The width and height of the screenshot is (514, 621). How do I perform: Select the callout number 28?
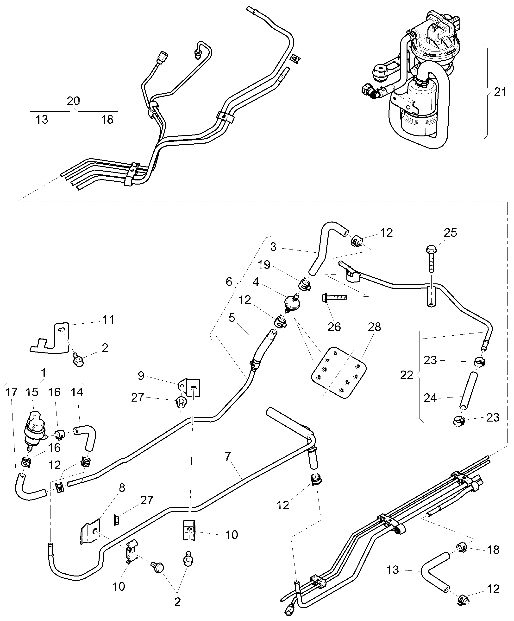tap(374, 327)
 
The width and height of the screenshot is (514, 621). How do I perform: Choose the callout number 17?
tap(12, 392)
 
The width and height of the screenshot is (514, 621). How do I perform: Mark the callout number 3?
tap(273, 247)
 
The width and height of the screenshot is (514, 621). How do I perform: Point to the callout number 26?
tap(334, 327)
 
